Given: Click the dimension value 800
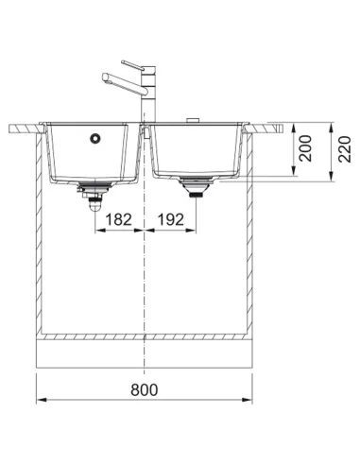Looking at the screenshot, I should click(x=145, y=389).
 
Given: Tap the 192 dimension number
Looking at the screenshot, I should click(x=170, y=219).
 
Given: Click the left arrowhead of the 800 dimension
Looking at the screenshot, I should click(x=39, y=401).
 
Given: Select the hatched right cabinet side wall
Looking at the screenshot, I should click(x=250, y=236).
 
